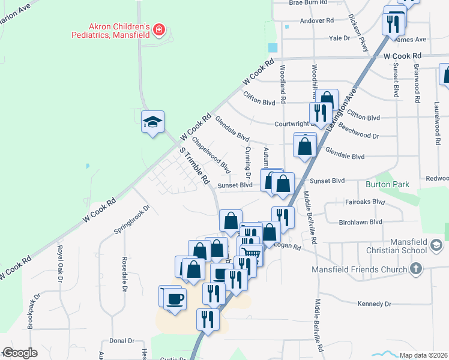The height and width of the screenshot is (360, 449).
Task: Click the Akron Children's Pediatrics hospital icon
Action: point(159,29)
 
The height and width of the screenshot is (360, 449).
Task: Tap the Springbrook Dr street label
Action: point(130,220)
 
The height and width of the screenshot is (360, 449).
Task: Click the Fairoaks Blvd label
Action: point(364,202)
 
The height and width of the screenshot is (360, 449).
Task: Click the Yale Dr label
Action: point(339,38)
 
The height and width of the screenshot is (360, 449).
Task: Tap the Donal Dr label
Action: point(122,340)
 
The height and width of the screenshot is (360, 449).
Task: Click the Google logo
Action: point(20,353)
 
